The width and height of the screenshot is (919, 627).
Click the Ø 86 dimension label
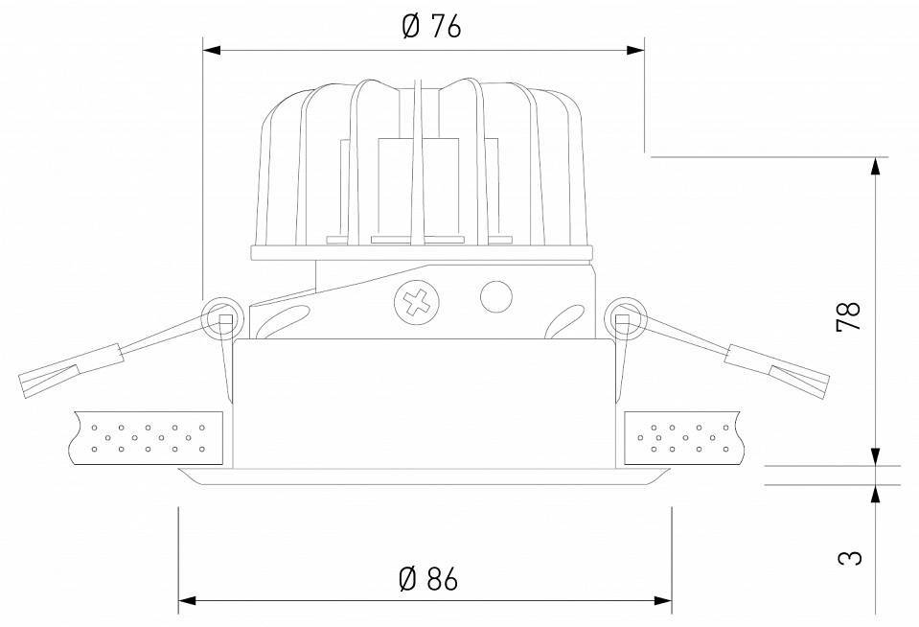pyautogui.click(x=426, y=578)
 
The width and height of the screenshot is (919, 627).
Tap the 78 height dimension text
pyautogui.click(x=849, y=315)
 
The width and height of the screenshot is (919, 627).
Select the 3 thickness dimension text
pyautogui.click(x=849, y=556)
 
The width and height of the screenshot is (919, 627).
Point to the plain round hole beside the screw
pyautogui.click(x=495, y=295)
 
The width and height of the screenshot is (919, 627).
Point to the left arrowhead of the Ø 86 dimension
pyautogui.click(x=188, y=601)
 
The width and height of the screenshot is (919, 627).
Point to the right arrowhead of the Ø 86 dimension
pyautogui.click(x=663, y=601)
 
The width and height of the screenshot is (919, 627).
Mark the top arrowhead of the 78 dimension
pyautogui.click(x=874, y=165)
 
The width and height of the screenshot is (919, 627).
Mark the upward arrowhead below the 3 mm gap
pyautogui.click(x=874, y=493)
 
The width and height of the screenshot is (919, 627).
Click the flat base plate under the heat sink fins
pyautogui.click(x=421, y=253)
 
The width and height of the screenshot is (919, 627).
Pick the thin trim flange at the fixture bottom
pyautogui.click(x=425, y=476)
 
